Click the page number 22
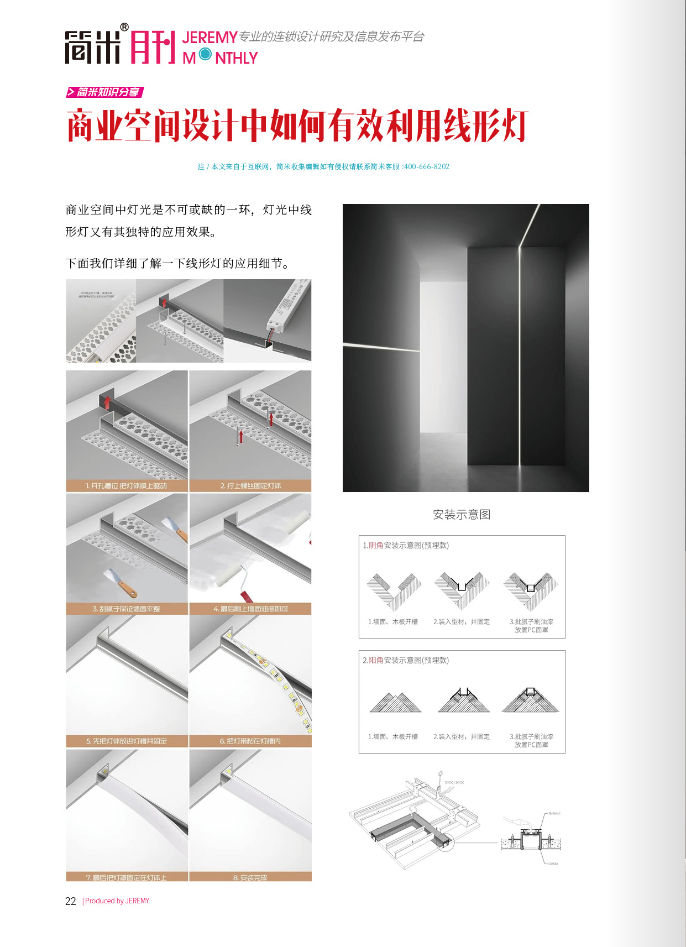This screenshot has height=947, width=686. tap(70, 901)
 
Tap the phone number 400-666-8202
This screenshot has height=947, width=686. tap(426, 166)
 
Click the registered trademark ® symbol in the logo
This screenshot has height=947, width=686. tap(124, 27)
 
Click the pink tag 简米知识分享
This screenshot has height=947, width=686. tap(105, 92)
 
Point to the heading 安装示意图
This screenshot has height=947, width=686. tap(462, 515)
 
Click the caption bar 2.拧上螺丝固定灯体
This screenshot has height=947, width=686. tap(250, 486)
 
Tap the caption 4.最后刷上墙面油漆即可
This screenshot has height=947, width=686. tap(250, 609)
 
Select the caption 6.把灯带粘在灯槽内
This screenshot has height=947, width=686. tap(250, 741)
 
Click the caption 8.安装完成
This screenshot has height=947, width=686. tap(250, 877)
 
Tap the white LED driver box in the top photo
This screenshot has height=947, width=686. tap(287, 307)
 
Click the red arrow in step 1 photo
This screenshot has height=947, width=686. tap(107, 402)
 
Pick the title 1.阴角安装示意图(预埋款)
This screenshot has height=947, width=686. tap(406, 546)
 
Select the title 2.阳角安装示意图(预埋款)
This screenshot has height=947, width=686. tap(406, 661)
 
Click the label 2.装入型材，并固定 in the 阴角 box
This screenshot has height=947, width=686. tap(462, 622)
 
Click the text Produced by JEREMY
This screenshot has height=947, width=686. tap(117, 901)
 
